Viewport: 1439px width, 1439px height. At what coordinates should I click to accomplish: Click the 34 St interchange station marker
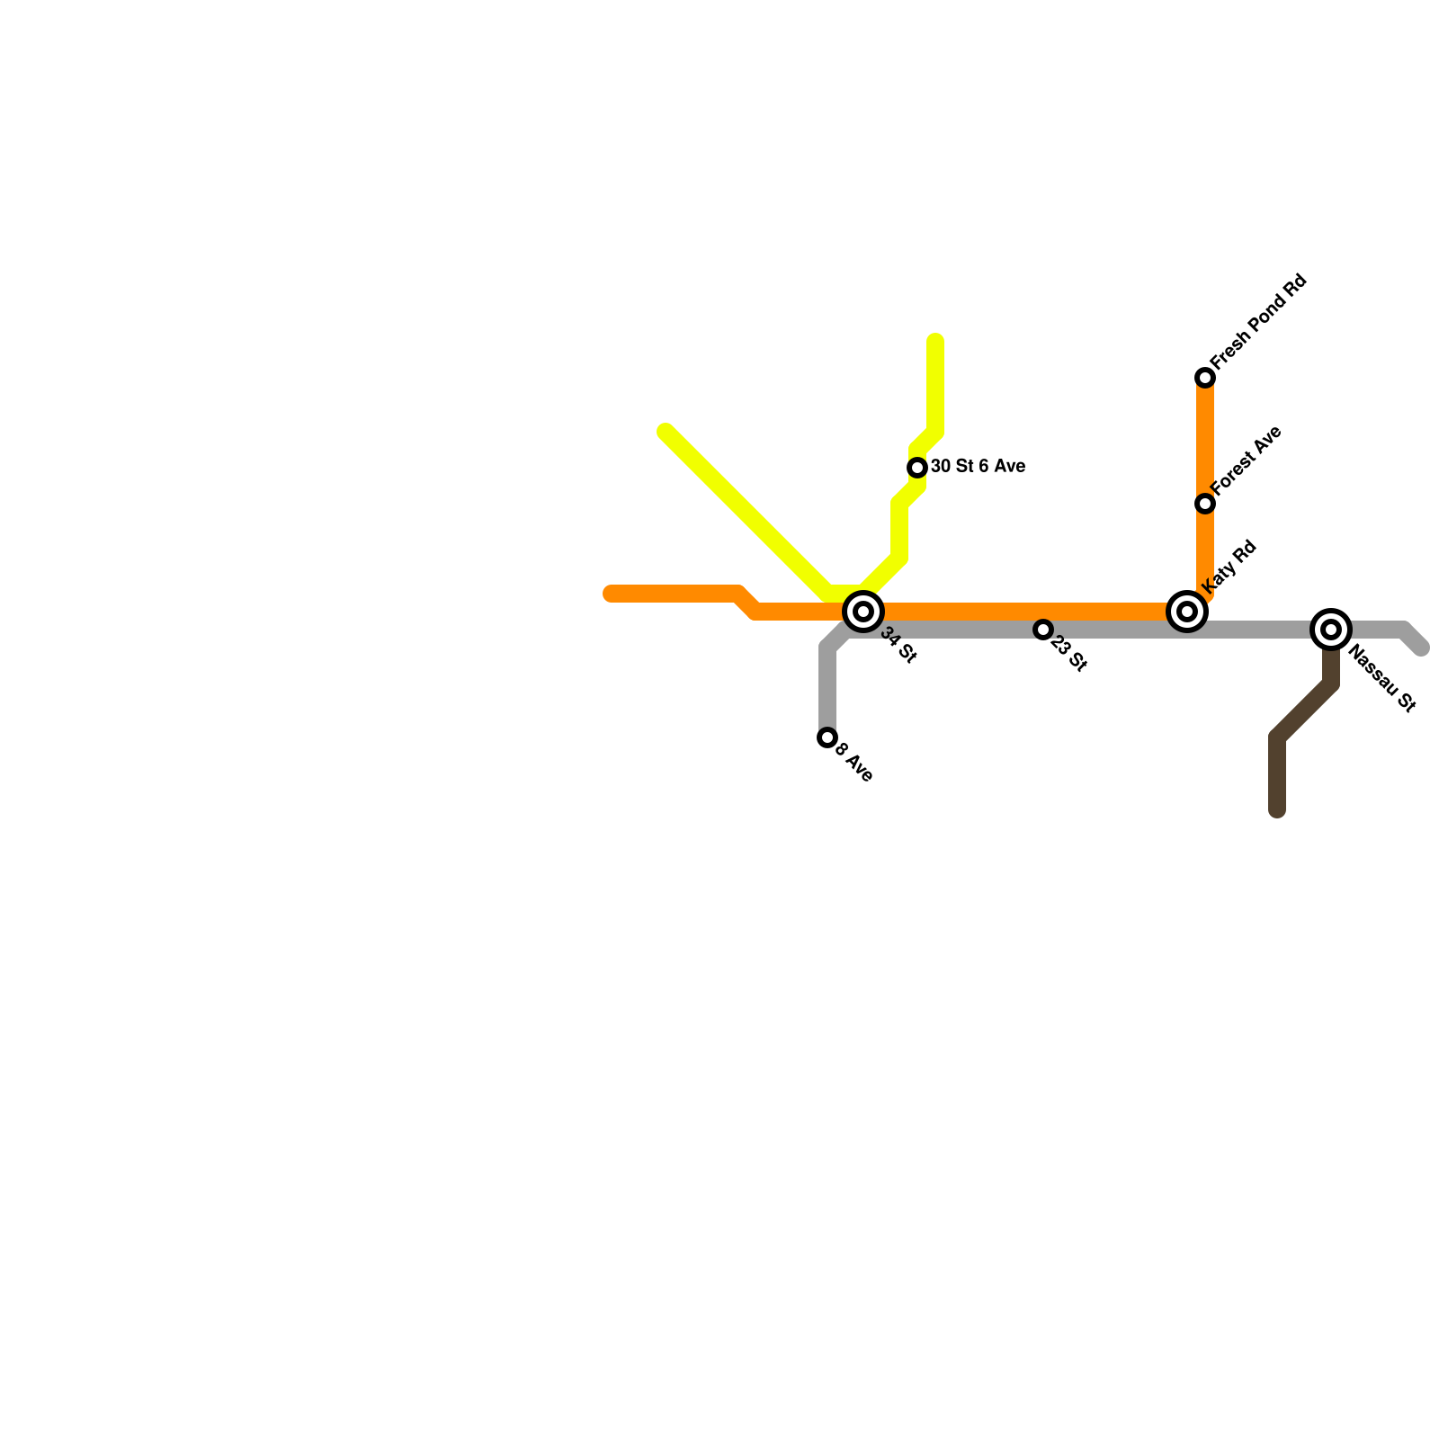863,612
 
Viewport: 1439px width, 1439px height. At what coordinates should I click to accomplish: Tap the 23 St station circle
1043,630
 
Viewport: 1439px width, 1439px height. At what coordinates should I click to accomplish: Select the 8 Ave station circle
827,737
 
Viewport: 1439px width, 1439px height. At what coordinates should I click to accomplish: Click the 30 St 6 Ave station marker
917,468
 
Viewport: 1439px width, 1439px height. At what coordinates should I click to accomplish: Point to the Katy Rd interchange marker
1187,612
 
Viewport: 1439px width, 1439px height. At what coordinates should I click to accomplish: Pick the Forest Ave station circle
1205,504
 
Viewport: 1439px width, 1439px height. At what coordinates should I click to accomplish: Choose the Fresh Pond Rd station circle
1205,378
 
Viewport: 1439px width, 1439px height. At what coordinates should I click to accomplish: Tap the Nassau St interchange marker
1331,630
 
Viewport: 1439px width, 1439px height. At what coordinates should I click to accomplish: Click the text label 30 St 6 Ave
978,466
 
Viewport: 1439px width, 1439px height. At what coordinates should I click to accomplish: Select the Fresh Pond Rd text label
1258,321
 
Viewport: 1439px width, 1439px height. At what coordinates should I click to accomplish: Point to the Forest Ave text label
1246,460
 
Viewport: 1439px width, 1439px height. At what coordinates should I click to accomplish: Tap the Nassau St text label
1383,680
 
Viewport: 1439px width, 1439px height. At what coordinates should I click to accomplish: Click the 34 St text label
898,646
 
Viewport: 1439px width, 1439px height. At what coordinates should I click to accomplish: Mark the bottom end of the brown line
1277,812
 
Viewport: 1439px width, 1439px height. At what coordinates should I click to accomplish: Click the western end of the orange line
610,594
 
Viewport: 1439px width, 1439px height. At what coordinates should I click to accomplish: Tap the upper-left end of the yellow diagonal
666,431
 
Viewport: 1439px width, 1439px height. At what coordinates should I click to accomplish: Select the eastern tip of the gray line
1421,648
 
